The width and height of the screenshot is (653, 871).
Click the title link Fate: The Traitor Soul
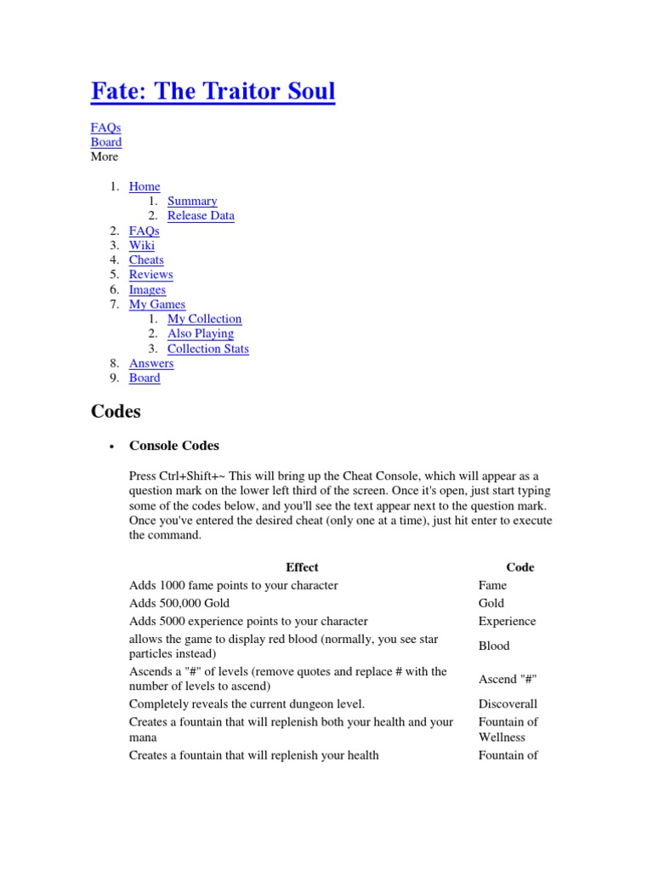point(213,91)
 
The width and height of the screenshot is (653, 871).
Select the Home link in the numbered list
point(145,186)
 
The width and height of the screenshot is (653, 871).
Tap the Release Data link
point(201,215)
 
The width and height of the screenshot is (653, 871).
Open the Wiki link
point(142,245)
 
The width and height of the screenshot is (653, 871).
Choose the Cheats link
point(146,259)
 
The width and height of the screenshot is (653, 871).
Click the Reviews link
point(150,274)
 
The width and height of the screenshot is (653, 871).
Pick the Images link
point(147,289)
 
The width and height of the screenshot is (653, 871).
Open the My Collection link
point(204,318)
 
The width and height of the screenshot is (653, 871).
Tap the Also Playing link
point(200,333)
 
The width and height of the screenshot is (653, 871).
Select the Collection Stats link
point(208,349)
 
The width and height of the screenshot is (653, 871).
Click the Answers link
point(151,363)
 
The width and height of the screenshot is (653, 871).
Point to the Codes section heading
point(116,413)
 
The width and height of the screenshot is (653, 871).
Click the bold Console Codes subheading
point(173,445)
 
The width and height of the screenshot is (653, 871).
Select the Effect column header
point(302,566)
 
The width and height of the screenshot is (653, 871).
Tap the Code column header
point(520,566)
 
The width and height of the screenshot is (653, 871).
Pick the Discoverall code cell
point(508,703)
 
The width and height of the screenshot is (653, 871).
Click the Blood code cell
point(494,646)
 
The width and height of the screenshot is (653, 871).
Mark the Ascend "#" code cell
point(508,679)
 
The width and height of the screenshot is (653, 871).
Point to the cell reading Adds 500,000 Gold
point(179,602)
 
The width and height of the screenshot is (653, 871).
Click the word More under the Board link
point(105,157)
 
